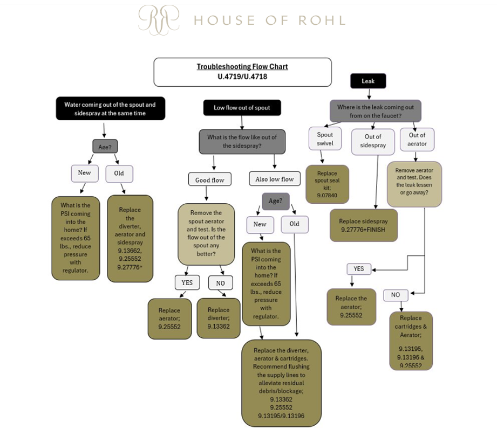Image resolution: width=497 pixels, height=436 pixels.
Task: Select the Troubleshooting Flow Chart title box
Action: pos(242,72)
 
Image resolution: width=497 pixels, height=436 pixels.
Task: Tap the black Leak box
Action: pos(368,81)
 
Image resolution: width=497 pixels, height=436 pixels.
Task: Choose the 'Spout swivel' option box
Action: pos(325,139)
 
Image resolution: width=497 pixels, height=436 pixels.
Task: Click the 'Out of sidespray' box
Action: pos(373,141)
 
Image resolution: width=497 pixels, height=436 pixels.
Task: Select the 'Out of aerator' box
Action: pos(417,139)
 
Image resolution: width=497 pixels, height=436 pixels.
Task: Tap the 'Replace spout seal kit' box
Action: pos(327,184)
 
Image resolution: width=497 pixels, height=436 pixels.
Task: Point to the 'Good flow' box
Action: pos(209,179)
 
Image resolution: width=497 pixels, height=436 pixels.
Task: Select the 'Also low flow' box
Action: pos(275,179)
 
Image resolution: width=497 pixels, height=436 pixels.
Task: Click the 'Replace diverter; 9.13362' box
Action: pos(219,318)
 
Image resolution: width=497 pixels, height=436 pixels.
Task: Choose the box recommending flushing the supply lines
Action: pos(281,383)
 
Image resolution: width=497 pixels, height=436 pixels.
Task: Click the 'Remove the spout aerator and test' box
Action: pos(206,233)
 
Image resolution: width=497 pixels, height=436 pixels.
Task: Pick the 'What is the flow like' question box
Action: pos(242,141)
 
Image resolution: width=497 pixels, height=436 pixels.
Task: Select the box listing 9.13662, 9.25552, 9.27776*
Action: pos(130,238)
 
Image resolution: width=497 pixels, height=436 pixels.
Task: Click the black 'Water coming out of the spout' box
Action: pos(110,109)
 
